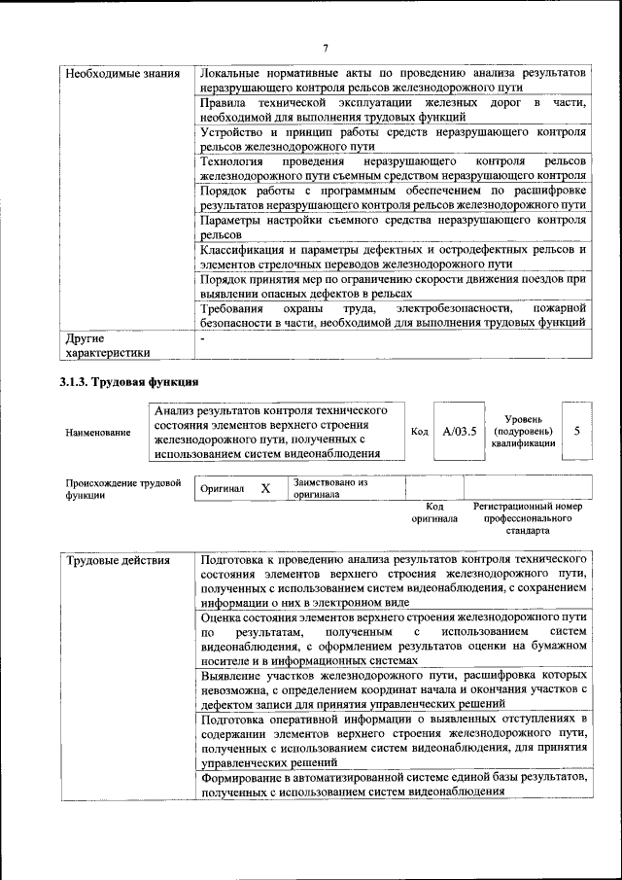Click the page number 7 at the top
[327, 49]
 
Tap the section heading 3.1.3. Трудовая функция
[129, 381]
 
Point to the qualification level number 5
[577, 431]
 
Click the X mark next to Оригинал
[265, 488]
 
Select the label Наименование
[98, 432]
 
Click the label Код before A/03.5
[419, 432]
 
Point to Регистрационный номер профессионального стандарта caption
[527, 518]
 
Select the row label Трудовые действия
[118, 561]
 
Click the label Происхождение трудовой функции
[123, 487]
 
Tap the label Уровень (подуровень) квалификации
[523, 431]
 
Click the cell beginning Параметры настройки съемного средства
[393, 227]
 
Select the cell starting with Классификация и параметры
[393, 256]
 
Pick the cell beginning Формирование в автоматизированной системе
[393, 785]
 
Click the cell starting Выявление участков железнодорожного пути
[393, 688]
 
